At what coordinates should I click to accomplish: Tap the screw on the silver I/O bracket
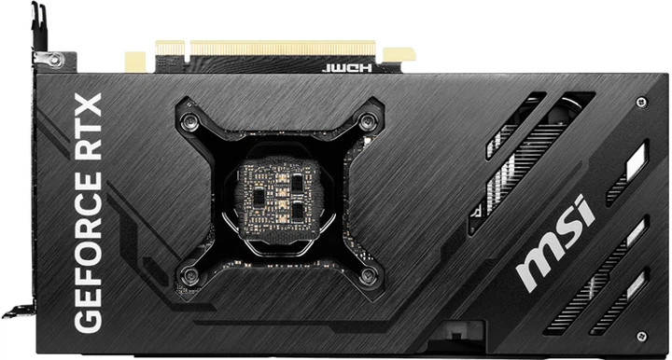(56, 60)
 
